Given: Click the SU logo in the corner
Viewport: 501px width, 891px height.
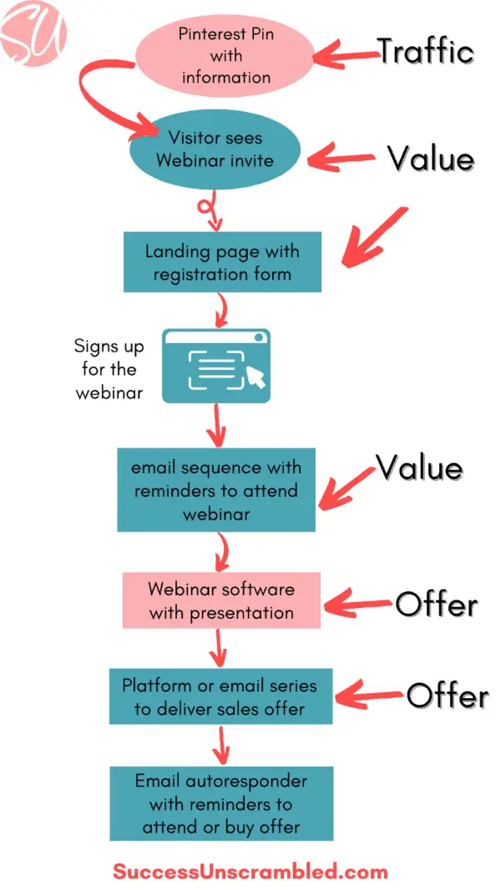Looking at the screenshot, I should pyautogui.click(x=33, y=33).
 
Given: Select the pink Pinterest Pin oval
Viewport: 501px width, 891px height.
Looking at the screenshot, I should pyautogui.click(x=225, y=55).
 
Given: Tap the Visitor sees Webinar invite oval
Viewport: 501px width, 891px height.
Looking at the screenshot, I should pyautogui.click(x=215, y=148).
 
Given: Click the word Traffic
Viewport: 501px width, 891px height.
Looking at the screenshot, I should pyautogui.click(x=425, y=52).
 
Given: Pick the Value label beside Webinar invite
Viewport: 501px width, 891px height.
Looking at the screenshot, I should pyautogui.click(x=430, y=158).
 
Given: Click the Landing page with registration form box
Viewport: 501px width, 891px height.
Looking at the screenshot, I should pyautogui.click(x=222, y=262).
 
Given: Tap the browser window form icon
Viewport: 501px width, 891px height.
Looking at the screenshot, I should pyautogui.click(x=215, y=366).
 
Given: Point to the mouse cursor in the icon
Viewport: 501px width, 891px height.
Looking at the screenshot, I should pyautogui.click(x=256, y=378).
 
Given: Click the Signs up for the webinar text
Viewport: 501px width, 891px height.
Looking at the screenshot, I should pyautogui.click(x=109, y=369).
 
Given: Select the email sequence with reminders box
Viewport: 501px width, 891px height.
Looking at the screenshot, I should pyautogui.click(x=216, y=490).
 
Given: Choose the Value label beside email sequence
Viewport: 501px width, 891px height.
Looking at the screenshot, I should pyautogui.click(x=419, y=468).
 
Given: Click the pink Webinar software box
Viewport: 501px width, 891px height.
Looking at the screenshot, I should pyautogui.click(x=221, y=600).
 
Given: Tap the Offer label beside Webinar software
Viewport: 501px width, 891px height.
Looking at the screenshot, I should pyautogui.click(x=436, y=604).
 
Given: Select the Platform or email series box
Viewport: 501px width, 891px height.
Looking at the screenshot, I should pyautogui.click(x=220, y=696).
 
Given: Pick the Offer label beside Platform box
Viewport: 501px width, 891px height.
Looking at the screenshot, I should pyautogui.click(x=447, y=696).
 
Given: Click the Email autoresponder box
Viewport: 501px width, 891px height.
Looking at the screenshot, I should pyautogui.click(x=221, y=803).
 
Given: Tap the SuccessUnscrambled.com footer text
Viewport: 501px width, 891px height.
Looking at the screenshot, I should pyautogui.click(x=250, y=871).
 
